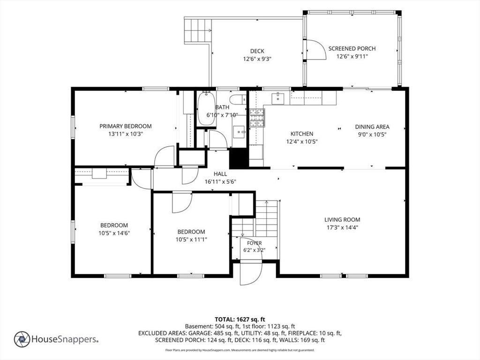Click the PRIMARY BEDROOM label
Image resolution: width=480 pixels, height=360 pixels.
pos(126,126)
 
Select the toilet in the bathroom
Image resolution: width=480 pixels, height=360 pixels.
pos(238,100)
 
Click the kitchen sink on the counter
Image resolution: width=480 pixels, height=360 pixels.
pos(277,98)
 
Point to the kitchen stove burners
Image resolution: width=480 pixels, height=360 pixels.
pos(257,118)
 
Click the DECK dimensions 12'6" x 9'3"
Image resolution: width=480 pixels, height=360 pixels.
pos(257,59)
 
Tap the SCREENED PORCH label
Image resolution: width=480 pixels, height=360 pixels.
pos(352,48)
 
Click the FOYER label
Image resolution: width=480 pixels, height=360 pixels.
pos(255,243)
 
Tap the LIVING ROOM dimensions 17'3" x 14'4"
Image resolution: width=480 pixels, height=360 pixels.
pos(342,227)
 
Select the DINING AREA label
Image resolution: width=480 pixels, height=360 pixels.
pos(372,127)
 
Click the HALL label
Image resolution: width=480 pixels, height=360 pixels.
pos(220,174)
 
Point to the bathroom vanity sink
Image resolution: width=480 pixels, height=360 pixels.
pos(239,132)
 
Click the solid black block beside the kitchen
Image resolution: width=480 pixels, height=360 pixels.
pos(239,158)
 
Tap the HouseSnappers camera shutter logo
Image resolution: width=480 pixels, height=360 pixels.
pos(22,339)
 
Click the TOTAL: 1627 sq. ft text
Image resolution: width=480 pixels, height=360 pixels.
pos(240,320)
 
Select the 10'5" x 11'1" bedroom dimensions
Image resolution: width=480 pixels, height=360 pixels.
pos(191,240)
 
